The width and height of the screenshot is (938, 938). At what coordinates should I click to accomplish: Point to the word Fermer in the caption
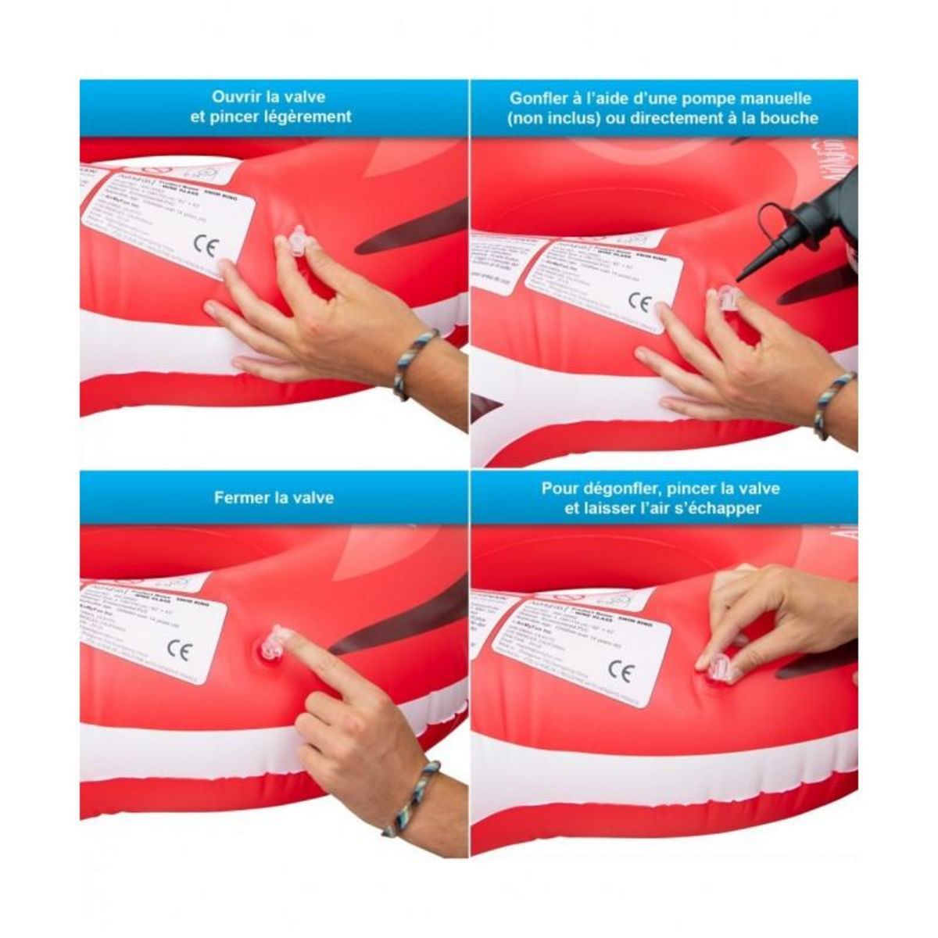(x=241, y=497)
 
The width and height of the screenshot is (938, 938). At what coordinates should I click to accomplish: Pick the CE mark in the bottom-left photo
(x=179, y=650)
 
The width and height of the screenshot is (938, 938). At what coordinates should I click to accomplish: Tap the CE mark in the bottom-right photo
(x=621, y=670)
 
